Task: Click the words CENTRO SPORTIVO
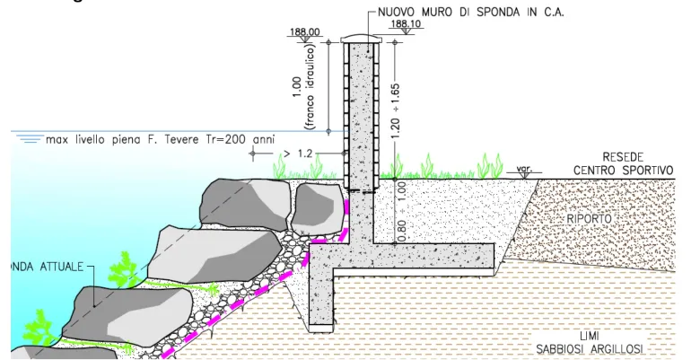click(x=626, y=171)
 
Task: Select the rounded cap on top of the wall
click(x=363, y=39)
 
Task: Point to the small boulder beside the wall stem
click(x=316, y=204)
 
